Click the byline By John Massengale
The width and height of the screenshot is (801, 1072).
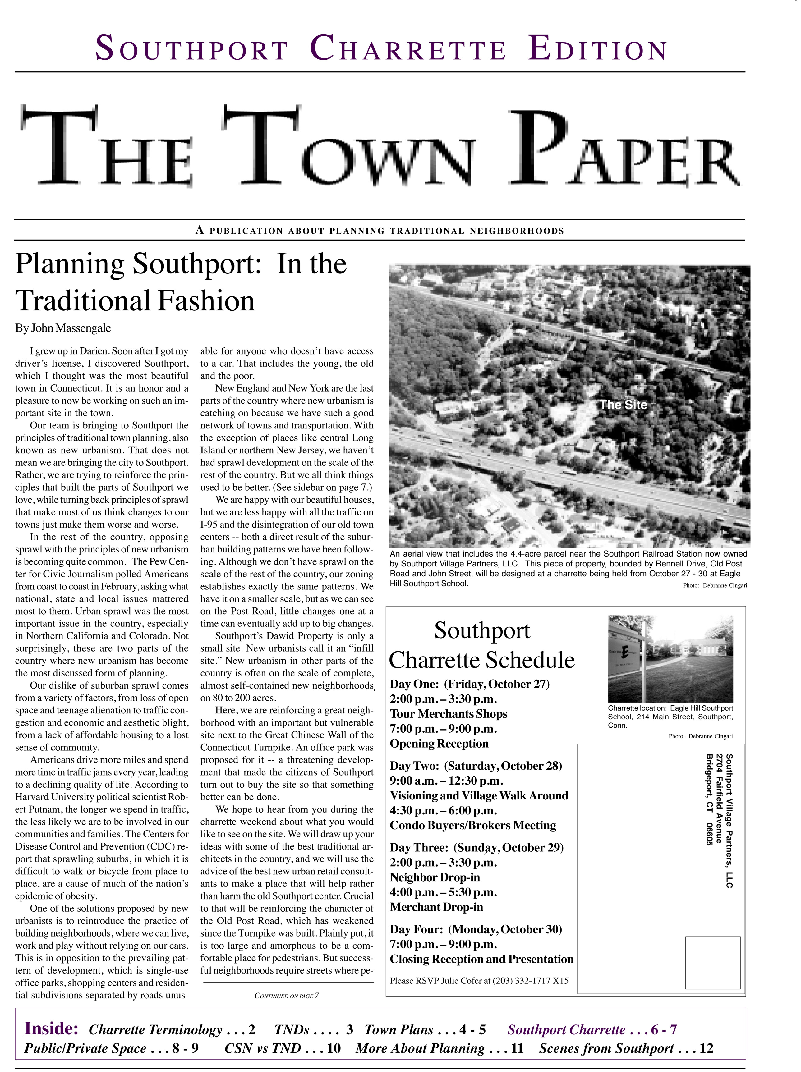pyautogui.click(x=63, y=328)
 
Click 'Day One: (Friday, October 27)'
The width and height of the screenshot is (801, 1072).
pyautogui.click(x=469, y=684)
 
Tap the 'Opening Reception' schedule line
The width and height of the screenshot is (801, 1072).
pyautogui.click(x=439, y=744)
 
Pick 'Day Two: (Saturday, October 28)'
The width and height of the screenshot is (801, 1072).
pyautogui.click(x=476, y=766)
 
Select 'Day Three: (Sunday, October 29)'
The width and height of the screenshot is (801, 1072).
pyautogui.click(x=476, y=848)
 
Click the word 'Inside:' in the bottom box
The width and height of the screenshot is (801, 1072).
pyautogui.click(x=51, y=1028)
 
